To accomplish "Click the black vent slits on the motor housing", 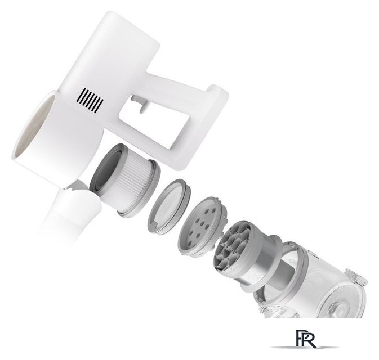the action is (90, 101).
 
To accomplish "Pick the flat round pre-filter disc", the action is (169, 207).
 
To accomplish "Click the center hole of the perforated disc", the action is (202, 224).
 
